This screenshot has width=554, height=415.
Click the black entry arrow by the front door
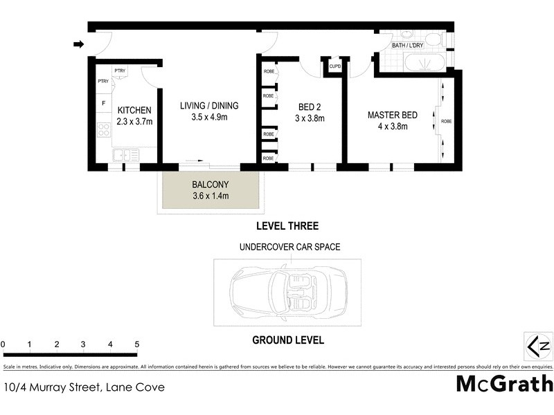click(x=78, y=45)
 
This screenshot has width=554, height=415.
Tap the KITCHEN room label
click(x=134, y=111)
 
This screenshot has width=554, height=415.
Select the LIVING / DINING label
click(x=209, y=106)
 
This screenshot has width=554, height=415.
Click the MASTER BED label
click(x=392, y=115)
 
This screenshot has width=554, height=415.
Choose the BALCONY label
click(x=210, y=185)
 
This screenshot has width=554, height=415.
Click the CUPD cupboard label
click(x=335, y=66)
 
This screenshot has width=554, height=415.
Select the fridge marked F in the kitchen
click(x=104, y=104)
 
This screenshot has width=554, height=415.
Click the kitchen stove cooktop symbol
click(x=104, y=129)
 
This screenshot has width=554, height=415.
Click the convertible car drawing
click(x=288, y=291)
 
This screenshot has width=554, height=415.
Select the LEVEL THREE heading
click(x=287, y=225)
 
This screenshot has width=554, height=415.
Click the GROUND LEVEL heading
click(x=288, y=340)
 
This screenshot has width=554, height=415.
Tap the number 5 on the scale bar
click(x=137, y=344)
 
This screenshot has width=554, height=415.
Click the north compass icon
click(x=538, y=345)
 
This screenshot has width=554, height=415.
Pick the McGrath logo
click(x=505, y=383)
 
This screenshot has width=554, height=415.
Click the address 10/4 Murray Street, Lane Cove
click(x=84, y=387)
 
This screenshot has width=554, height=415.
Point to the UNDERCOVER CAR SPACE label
click(x=289, y=246)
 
